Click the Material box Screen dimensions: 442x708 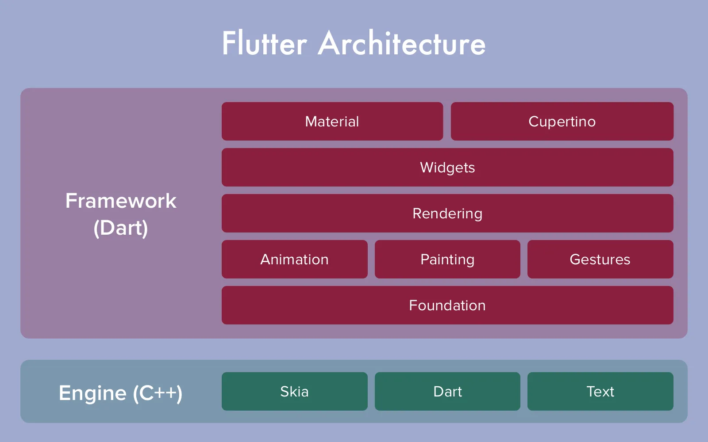point(332,122)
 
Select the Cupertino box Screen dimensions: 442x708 point(562,122)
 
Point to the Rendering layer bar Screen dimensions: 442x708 point(447,213)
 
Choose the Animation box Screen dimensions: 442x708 point(294,259)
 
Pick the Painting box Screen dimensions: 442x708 point(447,259)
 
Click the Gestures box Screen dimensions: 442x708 point(600,259)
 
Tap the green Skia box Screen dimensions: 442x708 point(294,392)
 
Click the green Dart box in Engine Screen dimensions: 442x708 point(447,392)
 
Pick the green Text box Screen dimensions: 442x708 point(600,392)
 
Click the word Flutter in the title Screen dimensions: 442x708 point(264,44)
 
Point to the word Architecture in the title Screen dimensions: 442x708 point(402,44)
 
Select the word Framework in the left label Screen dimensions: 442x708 point(121,201)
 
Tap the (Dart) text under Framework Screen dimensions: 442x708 point(121,228)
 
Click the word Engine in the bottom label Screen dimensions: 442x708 point(92,393)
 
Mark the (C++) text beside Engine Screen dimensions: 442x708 point(158,393)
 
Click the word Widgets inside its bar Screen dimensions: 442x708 point(447,168)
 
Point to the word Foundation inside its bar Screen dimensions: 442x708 point(447,305)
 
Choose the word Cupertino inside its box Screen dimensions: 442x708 point(562,122)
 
